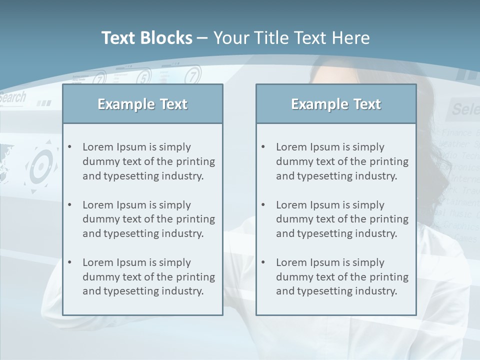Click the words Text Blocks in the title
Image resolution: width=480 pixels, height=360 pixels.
147,38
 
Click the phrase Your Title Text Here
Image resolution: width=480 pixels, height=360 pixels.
291,38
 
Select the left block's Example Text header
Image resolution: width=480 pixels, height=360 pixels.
142,104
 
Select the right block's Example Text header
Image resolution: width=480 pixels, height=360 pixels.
336,104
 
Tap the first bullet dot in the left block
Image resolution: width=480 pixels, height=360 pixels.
69,147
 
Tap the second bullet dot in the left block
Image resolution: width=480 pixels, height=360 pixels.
69,205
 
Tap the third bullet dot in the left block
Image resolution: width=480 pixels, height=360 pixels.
69,262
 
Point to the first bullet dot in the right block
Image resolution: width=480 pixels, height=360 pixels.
263,147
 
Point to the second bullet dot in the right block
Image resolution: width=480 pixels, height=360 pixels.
263,205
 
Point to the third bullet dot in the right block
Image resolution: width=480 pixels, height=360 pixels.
263,262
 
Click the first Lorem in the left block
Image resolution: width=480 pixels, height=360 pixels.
98,147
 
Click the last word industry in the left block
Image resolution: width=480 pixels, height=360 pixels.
183,291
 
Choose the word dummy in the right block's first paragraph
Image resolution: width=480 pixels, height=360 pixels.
293,161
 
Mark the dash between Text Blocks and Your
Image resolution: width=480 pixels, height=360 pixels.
202,38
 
